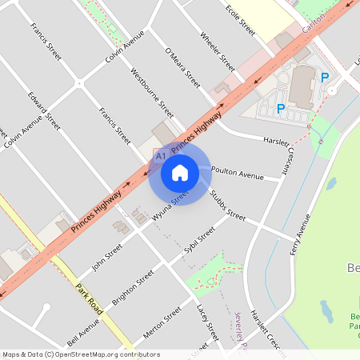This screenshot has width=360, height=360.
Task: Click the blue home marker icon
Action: (180, 172)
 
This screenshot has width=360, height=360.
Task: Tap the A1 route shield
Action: (161, 155)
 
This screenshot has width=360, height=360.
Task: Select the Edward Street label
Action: (43, 111)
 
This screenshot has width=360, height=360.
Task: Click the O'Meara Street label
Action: (182, 67)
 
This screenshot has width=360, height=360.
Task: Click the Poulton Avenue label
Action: (238, 174)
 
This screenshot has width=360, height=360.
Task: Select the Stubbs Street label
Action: (228, 206)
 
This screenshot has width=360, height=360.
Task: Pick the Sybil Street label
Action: (199, 241)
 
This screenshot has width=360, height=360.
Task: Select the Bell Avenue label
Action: (84, 332)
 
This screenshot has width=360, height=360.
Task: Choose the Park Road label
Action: (90, 297)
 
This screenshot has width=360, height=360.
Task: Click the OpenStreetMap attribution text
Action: (81, 354)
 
